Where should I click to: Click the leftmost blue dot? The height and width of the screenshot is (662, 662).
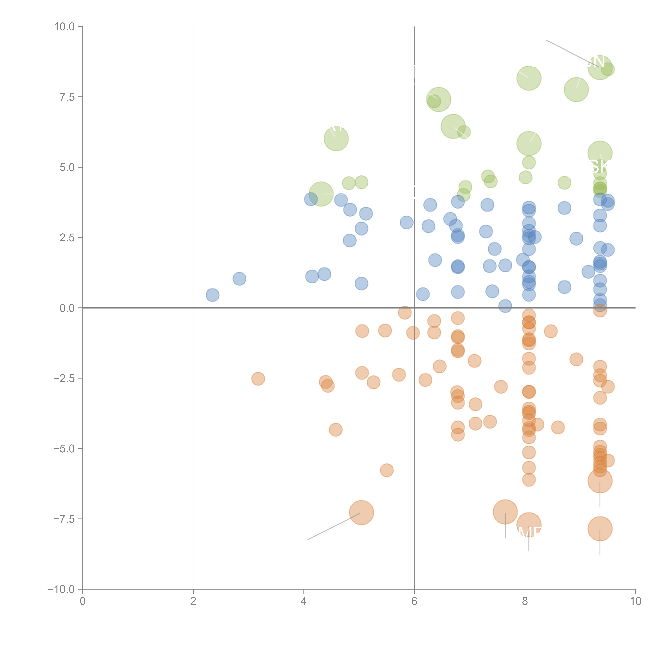213,295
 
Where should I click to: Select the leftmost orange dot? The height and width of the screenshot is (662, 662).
258,379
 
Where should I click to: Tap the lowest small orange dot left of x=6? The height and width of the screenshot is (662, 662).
386,470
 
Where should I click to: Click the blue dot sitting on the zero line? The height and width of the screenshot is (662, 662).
505,306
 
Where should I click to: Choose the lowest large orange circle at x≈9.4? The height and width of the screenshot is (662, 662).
600,529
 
